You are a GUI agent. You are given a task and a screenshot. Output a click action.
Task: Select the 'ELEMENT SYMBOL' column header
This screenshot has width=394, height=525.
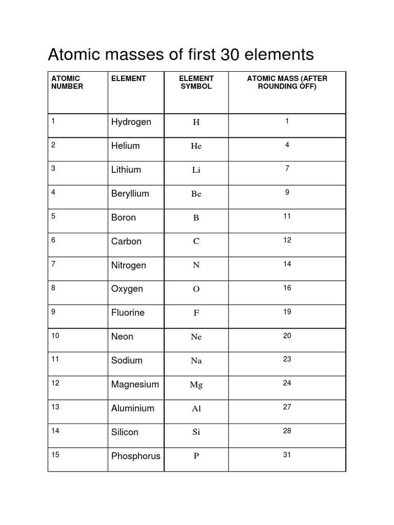[196, 83]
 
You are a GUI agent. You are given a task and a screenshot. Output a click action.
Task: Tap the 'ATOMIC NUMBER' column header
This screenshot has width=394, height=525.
[67, 83]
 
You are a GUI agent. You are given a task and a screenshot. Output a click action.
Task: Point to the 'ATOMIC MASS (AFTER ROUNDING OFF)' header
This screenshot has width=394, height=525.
[287, 83]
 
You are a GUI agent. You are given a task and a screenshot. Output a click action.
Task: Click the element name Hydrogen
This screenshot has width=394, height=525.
[131, 122]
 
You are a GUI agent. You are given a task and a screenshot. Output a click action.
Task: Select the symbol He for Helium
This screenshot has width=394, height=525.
[196, 146]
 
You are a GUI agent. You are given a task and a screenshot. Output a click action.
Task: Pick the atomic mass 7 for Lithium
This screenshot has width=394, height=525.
[287, 169]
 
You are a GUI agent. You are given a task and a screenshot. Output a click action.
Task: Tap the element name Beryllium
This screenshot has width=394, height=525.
[130, 194]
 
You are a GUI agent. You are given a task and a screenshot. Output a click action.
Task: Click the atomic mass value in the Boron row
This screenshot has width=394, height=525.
[287, 216]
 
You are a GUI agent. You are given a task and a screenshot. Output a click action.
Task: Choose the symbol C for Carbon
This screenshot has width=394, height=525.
[196, 241]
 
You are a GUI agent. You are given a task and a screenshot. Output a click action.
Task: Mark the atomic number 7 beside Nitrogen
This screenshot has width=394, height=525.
[53, 264]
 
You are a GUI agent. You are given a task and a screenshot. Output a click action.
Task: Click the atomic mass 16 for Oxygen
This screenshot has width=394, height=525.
[287, 288]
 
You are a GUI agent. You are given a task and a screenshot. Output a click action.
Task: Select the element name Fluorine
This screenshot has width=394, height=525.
[128, 313]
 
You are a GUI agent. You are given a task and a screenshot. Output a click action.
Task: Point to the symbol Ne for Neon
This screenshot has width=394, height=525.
[196, 337]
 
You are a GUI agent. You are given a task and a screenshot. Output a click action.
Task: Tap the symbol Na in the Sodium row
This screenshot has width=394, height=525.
[196, 361]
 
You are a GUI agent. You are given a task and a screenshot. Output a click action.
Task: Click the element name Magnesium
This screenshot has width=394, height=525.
[135, 385]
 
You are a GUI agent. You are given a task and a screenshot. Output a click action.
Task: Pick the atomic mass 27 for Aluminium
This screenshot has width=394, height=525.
[287, 407]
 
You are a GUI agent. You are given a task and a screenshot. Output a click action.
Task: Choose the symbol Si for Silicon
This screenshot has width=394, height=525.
[196, 432]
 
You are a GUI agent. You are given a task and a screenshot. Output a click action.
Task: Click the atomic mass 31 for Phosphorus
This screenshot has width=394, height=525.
[287, 455]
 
